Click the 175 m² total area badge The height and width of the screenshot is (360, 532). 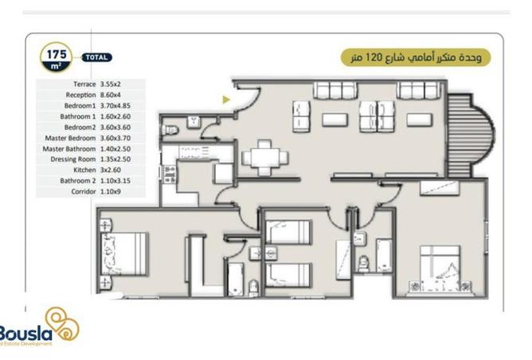coord(57,57)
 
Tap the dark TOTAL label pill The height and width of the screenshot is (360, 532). coord(96,57)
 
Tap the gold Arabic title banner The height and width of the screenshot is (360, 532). coord(415,57)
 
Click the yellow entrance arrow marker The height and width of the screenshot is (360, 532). coord(226,100)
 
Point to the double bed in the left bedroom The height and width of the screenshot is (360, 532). coord(123,255)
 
